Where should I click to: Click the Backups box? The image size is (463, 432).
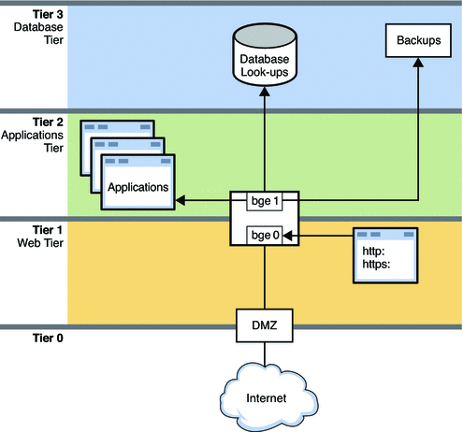click(412, 43)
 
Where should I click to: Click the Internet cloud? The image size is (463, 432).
click(264, 396)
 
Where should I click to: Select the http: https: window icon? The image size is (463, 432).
click(385, 253)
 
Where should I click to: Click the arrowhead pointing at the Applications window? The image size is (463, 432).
click(182, 200)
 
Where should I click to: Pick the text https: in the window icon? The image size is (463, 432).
click(378, 262)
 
